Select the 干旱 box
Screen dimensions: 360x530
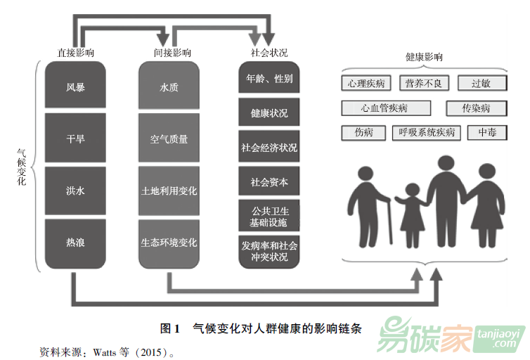click(75, 139)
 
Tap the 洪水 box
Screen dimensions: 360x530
click(75, 191)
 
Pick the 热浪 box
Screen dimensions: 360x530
click(75, 243)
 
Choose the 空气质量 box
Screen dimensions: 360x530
click(169, 139)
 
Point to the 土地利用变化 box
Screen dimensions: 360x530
click(169, 191)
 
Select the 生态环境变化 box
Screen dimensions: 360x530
click(169, 243)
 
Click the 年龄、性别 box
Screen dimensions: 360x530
click(269, 78)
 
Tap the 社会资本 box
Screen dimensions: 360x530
click(269, 182)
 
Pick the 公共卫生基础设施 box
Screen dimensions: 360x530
click(269, 217)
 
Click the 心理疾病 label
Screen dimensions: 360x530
click(366, 84)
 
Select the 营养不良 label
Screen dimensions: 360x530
click(424, 84)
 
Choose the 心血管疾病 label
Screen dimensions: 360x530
click(385, 108)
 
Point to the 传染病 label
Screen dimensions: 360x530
click(476, 108)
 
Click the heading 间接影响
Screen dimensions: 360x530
click(172, 53)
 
